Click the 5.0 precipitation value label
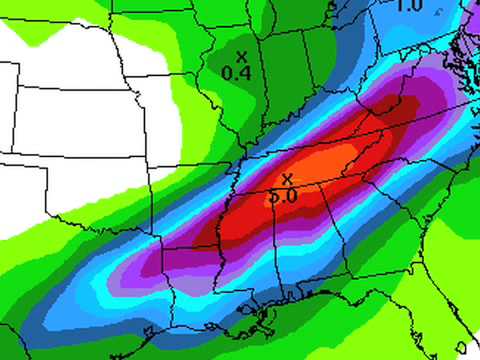tap(283, 197)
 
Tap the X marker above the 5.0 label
tap(287, 179)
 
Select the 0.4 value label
tap(235, 73)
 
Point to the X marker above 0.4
tap(241, 56)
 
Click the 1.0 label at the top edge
tap(408, 6)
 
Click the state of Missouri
tap(185, 120)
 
